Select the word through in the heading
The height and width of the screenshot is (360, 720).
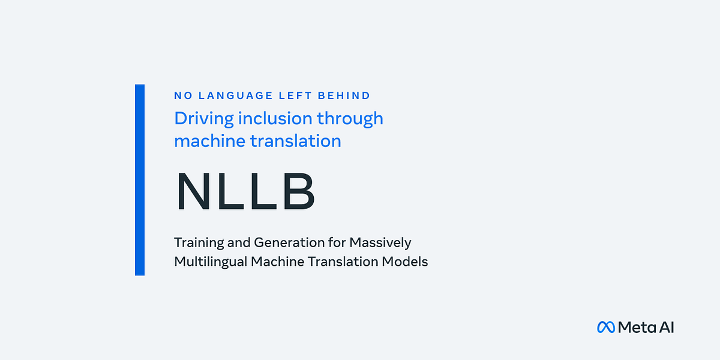click(350, 118)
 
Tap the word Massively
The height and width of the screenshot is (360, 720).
click(381, 242)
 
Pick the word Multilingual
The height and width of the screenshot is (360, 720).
click(210, 262)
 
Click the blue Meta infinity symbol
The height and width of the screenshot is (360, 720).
click(606, 327)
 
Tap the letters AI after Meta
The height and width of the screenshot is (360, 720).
click(666, 327)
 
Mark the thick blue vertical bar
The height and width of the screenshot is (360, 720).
click(140, 180)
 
